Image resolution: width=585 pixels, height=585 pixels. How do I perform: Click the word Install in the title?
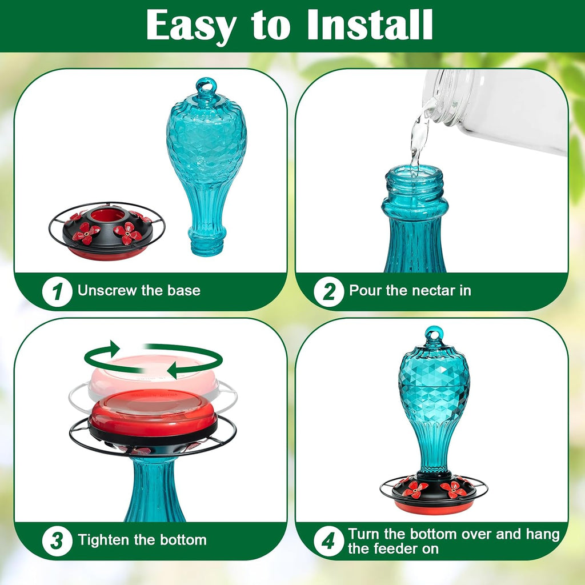(x=370, y=25)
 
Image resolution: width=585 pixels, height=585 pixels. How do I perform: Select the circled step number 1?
(x=57, y=292)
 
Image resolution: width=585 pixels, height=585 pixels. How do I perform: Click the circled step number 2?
(x=328, y=292)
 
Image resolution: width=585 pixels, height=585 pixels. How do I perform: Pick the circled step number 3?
(x=57, y=541)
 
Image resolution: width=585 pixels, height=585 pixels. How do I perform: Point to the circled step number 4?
(x=328, y=541)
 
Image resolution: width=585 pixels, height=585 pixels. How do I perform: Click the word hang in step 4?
(x=543, y=534)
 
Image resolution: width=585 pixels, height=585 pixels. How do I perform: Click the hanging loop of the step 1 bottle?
(x=206, y=87)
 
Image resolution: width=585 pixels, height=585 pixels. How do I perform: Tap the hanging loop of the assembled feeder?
(x=434, y=334)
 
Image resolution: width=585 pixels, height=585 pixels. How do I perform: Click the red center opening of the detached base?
(x=107, y=215)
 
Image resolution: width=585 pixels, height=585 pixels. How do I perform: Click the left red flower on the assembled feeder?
(x=415, y=489)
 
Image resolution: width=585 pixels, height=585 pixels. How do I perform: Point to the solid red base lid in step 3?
(x=153, y=413)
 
